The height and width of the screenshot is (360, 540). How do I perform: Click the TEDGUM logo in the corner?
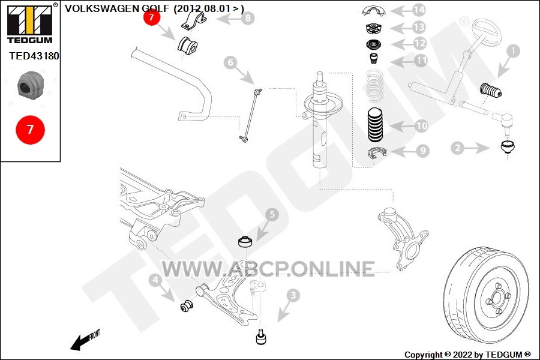tap(30, 23)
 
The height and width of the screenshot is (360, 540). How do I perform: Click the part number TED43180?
tap(34, 56)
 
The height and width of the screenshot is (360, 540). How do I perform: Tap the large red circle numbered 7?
tap(30, 130)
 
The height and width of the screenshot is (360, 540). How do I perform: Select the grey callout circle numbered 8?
tap(248, 17)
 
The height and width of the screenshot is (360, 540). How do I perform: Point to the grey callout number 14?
tap(418, 10)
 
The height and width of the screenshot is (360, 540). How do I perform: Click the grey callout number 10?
tap(421, 126)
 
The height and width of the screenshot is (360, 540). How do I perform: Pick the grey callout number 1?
tap(513, 51)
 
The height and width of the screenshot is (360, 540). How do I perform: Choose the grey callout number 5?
tap(272, 215)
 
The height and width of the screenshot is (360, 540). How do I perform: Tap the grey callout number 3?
tap(293, 295)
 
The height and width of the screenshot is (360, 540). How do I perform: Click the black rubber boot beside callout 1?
tap(491, 90)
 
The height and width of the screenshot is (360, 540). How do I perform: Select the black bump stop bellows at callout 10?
tap(375, 125)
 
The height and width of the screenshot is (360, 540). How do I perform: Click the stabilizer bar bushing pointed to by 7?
tap(187, 45)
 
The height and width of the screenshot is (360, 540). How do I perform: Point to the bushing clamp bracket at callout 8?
tap(194, 21)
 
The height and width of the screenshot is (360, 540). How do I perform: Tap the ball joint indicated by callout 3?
tap(262, 337)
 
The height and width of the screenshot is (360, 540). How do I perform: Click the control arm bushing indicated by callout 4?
tap(187, 305)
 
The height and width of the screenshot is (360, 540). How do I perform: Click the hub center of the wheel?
tap(497, 298)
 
